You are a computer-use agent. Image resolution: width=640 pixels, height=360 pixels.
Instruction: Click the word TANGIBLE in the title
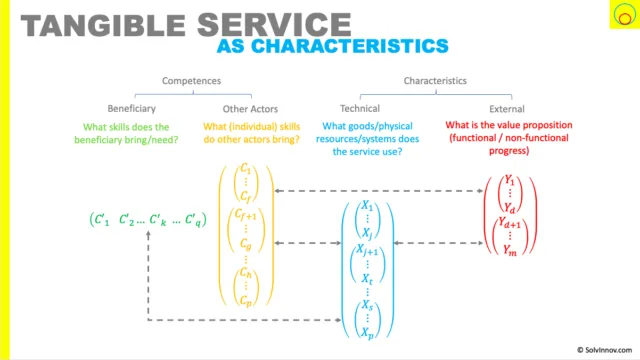pos(103,25)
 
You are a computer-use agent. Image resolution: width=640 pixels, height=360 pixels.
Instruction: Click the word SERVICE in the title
pos(274,25)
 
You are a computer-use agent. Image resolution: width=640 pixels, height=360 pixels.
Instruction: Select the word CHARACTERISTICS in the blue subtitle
pos(349,46)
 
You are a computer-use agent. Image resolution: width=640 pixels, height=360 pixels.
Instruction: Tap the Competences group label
pos(191,81)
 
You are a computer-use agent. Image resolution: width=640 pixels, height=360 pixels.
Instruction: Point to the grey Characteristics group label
pos(435,81)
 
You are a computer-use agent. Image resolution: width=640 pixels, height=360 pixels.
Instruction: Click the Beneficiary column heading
pos(131,109)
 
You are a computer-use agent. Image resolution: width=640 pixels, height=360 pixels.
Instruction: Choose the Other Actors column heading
pos(250,109)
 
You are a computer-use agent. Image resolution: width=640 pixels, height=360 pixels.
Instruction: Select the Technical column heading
pos(360,109)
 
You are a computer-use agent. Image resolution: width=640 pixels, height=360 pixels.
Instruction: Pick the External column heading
pos(507,109)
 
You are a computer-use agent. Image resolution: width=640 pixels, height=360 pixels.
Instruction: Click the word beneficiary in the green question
pos(98,140)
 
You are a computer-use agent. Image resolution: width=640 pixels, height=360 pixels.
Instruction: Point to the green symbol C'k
pos(158,220)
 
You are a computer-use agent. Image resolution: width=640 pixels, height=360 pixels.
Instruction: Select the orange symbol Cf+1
pos(246,215)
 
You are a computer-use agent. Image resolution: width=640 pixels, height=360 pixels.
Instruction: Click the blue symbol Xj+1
pos(367,250)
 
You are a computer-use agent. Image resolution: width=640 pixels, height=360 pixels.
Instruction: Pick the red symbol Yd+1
pos(510,223)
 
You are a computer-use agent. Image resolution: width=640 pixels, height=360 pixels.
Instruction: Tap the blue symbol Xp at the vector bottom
pos(367,333)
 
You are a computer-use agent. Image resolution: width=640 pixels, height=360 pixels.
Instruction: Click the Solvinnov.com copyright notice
pos(604,350)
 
